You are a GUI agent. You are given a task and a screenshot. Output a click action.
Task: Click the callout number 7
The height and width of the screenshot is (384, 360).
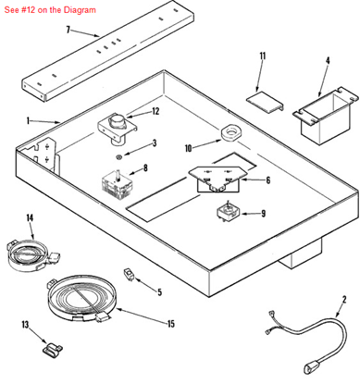(x=68, y=30)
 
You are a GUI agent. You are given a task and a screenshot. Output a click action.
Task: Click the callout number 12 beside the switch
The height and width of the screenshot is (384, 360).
(x=155, y=111)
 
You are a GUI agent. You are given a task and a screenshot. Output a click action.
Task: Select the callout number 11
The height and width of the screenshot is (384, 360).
(x=262, y=56)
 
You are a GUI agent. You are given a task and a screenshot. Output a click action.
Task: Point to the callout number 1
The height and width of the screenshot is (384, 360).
(x=29, y=120)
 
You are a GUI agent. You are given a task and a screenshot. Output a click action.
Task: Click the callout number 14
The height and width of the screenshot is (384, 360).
(x=30, y=217)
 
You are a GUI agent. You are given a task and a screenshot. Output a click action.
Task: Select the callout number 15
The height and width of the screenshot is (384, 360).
(x=170, y=324)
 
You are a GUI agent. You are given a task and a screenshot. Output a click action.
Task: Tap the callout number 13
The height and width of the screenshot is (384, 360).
(x=25, y=325)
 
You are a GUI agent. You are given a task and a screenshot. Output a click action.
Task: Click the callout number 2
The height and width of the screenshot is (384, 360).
(x=343, y=299)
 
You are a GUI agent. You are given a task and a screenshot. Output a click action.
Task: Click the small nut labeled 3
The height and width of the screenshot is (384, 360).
(x=118, y=156)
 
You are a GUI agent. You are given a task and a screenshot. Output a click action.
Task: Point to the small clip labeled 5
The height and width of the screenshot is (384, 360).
(x=129, y=275)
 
